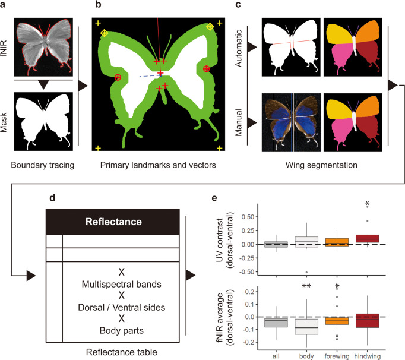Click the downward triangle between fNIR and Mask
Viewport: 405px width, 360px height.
pos(42,85)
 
